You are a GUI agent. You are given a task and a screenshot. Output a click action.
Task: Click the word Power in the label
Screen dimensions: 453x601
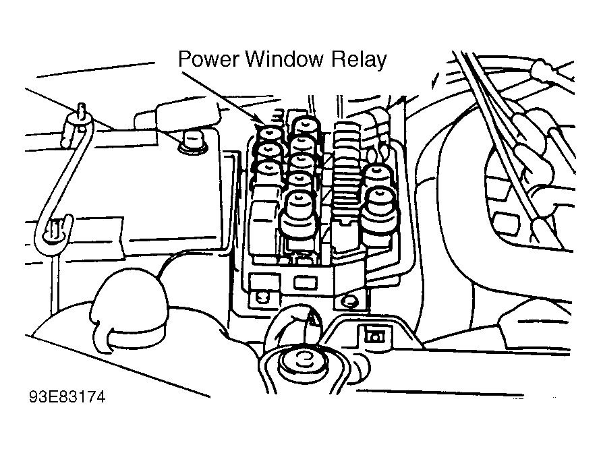(x=208, y=59)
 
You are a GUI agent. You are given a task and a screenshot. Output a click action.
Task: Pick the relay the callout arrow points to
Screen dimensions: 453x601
(x=271, y=131)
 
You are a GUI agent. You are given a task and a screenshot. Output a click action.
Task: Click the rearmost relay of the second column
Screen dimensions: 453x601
(x=306, y=126)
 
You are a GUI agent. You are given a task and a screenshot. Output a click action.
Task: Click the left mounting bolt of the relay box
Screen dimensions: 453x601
(x=259, y=295)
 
